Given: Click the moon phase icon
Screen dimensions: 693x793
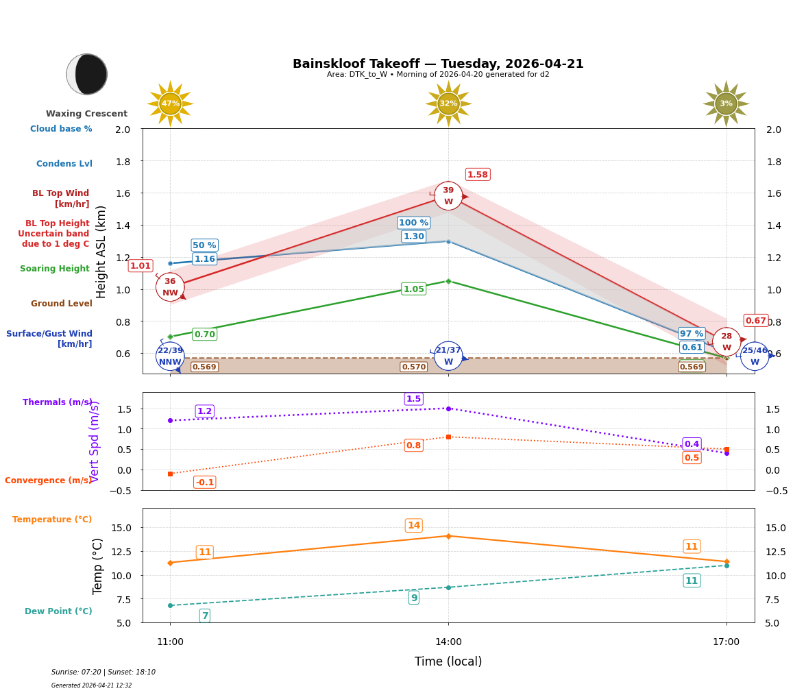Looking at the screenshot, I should click(x=86, y=74).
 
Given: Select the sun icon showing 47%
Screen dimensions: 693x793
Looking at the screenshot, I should click(x=170, y=104).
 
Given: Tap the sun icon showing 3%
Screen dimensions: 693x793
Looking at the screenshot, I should click(x=726, y=104).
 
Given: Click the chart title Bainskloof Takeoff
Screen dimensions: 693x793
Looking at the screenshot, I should click(x=438, y=64).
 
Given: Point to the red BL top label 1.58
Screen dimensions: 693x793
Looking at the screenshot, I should click(x=478, y=175).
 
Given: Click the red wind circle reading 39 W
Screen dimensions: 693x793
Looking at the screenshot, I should click(x=448, y=196).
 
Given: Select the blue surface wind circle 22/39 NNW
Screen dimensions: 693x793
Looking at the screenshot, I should click(x=170, y=356).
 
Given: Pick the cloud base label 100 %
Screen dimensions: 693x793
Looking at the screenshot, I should click(x=413, y=223).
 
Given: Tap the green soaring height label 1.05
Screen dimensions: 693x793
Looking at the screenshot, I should click(x=413, y=289).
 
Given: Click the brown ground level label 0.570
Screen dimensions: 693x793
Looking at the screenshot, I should click(x=413, y=367).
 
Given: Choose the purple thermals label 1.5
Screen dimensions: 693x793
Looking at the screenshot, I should click(x=413, y=399).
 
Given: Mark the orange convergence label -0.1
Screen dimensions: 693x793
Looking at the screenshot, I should click(x=204, y=483).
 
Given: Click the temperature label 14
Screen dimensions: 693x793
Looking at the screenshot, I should click(x=413, y=526).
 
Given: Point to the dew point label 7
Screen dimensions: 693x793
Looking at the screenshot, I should click(x=204, y=616).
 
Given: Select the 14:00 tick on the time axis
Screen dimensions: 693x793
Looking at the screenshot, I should click(x=448, y=642).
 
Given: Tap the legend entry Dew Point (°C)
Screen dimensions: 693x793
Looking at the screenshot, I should click(x=58, y=611).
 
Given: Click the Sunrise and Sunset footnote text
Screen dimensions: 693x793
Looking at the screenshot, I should click(x=103, y=672).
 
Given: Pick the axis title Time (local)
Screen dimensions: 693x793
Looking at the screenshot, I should click(x=448, y=661).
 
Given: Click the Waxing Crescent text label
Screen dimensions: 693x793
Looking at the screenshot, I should click(x=86, y=114).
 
